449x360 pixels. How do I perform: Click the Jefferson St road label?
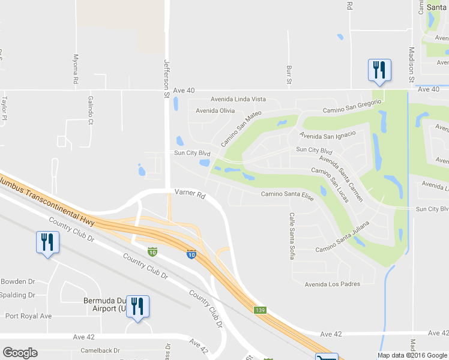click(167, 78)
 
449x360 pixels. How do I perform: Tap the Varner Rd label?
click(190, 194)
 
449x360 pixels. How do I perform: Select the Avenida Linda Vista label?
click(238, 99)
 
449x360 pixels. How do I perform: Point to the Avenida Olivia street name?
click(215, 111)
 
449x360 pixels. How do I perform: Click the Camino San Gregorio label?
click(352, 106)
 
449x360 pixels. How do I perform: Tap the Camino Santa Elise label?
click(287, 196)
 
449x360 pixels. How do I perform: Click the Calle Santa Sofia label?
click(292, 236)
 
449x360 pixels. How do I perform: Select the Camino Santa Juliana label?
click(343, 238)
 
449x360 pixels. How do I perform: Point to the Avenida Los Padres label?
click(327, 284)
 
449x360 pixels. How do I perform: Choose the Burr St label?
click(289, 74)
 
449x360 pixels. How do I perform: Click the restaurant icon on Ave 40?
click(379, 70)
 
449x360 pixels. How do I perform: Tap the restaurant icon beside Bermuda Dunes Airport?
click(138, 307)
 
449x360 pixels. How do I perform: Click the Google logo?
click(20, 353)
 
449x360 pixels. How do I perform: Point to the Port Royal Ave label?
click(29, 316)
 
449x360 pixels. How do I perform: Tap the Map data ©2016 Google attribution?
click(412, 355)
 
